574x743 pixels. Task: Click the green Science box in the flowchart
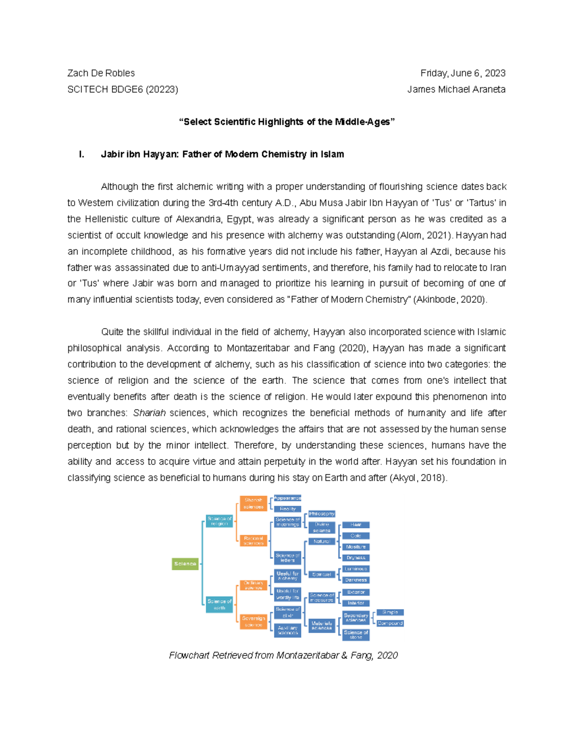click(185, 564)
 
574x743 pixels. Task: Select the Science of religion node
click(219, 521)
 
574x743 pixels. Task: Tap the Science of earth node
click(219, 605)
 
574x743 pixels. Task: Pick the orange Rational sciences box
click(253, 541)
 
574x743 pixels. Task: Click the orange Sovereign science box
click(253, 621)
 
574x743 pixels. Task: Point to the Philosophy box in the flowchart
click(321, 514)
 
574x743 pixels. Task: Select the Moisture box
click(356, 547)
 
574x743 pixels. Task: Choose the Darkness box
click(356, 580)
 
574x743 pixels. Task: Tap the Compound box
click(390, 623)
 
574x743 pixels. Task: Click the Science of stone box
click(356, 635)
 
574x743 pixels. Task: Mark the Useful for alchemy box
click(287, 576)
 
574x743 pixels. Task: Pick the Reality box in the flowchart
click(287, 509)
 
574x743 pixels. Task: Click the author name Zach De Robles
click(101, 73)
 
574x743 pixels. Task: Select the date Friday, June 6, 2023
click(463, 73)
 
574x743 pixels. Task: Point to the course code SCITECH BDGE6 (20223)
click(122, 89)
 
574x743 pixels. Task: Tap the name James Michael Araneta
click(456, 89)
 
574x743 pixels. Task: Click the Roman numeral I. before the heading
click(82, 154)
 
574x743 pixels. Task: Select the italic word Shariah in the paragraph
click(149, 413)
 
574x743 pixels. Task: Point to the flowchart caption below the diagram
click(283, 655)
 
